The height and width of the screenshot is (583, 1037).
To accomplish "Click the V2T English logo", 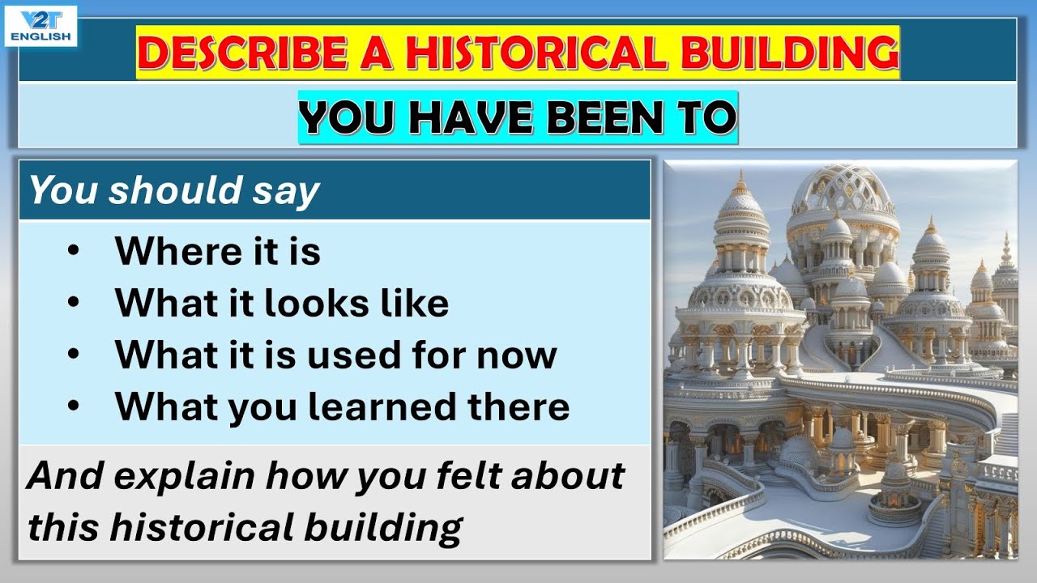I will pyautogui.click(x=41, y=25).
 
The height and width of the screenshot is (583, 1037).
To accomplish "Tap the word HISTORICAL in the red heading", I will pyautogui.click(x=536, y=52).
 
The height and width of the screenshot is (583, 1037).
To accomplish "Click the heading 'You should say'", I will pyautogui.click(x=174, y=190).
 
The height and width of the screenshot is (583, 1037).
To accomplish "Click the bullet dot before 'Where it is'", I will pyautogui.click(x=75, y=250).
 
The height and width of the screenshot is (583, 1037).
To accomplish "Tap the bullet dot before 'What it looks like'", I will pyautogui.click(x=75, y=302).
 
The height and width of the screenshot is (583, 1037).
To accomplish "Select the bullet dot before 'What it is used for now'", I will pyautogui.click(x=75, y=354).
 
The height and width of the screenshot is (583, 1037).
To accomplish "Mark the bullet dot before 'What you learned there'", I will pyautogui.click(x=75, y=406).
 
